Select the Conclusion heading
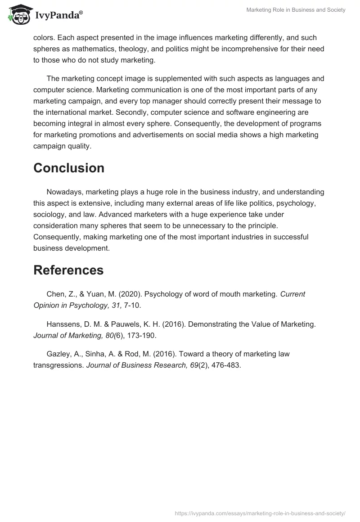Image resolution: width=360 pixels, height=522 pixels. tap(69, 168)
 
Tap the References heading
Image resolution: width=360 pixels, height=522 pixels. tap(68, 270)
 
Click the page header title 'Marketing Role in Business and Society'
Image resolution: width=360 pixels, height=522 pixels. tap(296, 10)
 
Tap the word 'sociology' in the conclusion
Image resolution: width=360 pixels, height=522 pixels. tap(50, 214)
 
